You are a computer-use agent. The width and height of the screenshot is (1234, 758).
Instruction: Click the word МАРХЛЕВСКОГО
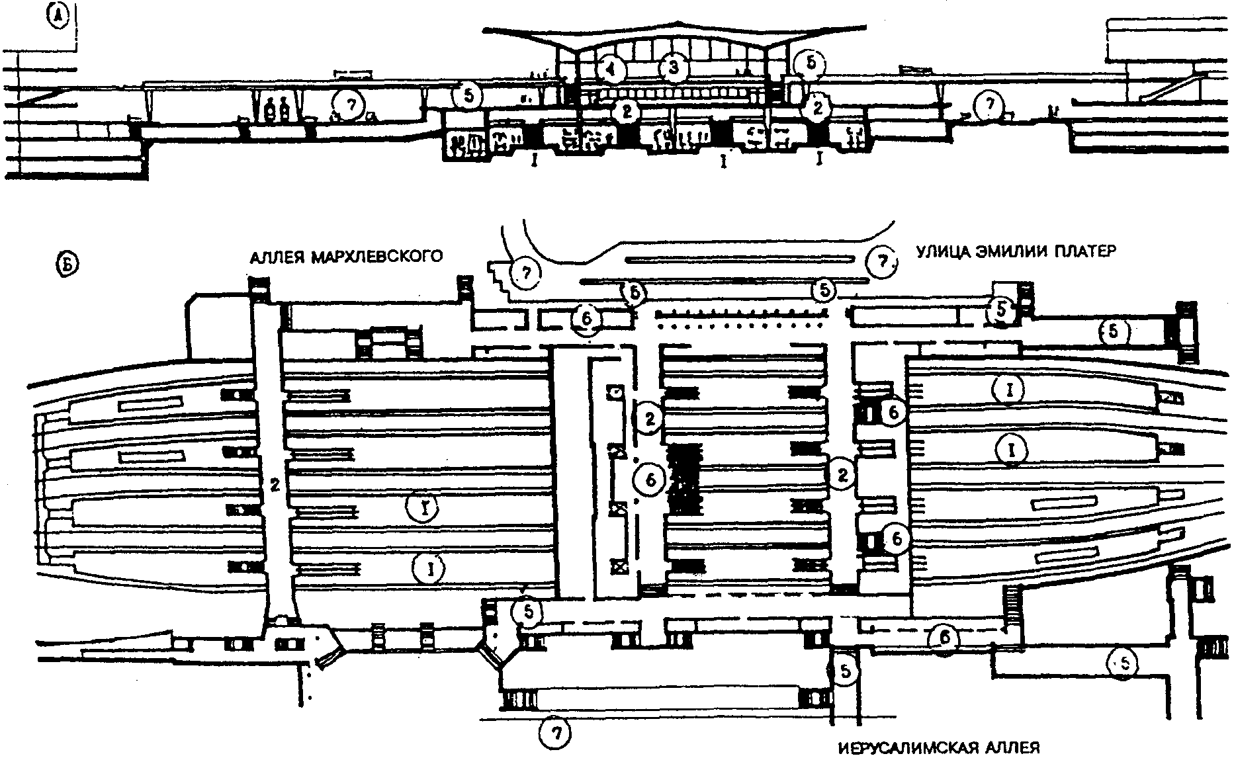pyautogui.click(x=376, y=256)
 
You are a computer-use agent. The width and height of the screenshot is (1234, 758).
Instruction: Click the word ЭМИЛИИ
pyautogui.click(x=1016, y=251)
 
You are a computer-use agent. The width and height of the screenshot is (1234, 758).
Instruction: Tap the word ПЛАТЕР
pyautogui.click(x=1084, y=251)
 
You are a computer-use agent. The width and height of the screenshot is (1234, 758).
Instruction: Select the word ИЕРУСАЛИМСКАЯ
pyautogui.click(x=916, y=749)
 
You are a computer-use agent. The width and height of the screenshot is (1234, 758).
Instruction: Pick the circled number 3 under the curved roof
pyautogui.click(x=673, y=67)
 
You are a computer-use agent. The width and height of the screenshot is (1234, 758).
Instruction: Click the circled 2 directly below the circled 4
pyautogui.click(x=625, y=110)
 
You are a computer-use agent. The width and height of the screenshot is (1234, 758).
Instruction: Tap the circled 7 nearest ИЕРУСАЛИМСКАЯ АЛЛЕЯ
pyautogui.click(x=553, y=732)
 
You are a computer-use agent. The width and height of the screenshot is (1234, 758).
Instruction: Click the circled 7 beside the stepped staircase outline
pyautogui.click(x=525, y=273)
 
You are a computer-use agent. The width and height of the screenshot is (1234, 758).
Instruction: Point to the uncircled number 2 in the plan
pyautogui.click(x=275, y=485)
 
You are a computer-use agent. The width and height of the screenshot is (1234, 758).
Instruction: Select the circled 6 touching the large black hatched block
pyautogui.click(x=650, y=480)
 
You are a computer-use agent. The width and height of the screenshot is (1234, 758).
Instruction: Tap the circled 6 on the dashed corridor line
pyautogui.click(x=946, y=637)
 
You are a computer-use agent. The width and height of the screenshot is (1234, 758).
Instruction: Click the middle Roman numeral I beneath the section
pyautogui.click(x=725, y=160)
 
